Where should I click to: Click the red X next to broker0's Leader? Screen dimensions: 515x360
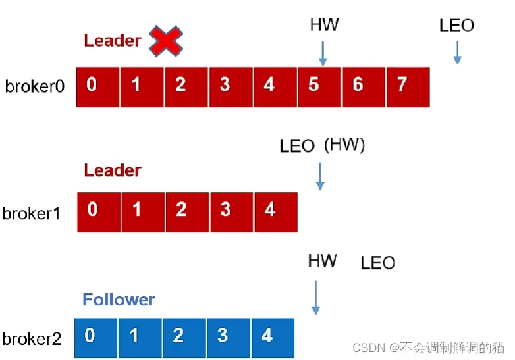[166, 41]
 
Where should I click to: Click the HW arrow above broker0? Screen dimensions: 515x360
[323, 53]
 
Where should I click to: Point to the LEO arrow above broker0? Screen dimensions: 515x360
[457, 53]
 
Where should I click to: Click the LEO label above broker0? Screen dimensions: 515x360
[456, 26]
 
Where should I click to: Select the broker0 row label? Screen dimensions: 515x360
[35, 87]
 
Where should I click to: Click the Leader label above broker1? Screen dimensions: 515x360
[113, 170]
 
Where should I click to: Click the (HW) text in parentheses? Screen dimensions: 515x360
[344, 145]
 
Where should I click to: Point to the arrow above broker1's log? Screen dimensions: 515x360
[320, 176]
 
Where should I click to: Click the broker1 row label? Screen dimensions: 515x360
[32, 213]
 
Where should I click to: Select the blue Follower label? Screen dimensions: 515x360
[119, 300]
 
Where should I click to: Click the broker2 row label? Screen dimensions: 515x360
[32, 339]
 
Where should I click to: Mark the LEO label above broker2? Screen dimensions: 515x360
[378, 263]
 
